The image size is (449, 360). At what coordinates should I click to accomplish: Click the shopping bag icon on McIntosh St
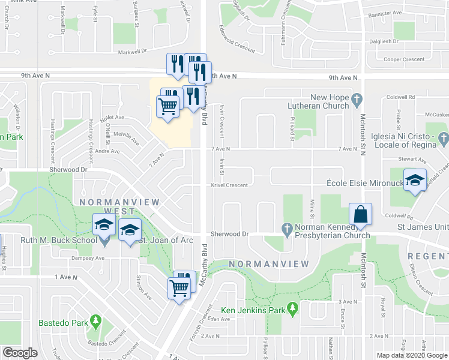click(360, 214)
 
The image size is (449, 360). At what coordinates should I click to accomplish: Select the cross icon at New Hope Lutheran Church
click(356, 98)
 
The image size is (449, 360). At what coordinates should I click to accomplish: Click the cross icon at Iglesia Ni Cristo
click(444, 139)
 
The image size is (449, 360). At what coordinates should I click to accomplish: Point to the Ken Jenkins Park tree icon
click(292, 310)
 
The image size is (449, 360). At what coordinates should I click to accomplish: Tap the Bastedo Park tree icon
click(95, 322)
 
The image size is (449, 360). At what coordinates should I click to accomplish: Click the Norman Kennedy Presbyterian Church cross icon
click(287, 229)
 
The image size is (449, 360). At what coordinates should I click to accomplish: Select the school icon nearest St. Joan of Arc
click(130, 230)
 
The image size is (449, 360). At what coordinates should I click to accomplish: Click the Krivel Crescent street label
click(229, 185)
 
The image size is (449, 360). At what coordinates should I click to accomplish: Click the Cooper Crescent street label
click(404, 59)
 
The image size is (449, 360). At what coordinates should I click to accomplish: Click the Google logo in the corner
click(20, 353)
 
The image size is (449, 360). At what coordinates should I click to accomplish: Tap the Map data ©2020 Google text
click(413, 355)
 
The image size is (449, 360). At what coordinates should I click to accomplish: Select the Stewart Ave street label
click(414, 161)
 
